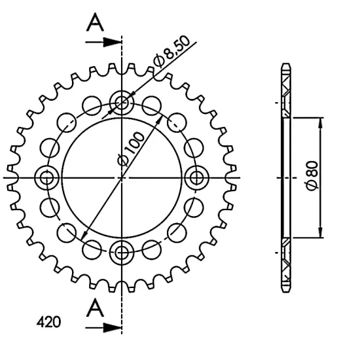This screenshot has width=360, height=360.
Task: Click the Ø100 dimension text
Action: point(131,149)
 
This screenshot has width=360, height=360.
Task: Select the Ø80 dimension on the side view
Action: point(312,176)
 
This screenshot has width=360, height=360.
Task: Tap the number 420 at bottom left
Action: point(48,321)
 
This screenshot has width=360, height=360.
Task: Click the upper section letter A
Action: point(95,22)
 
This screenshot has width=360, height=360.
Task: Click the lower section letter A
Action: point(95,308)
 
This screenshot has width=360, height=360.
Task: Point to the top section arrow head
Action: point(112,43)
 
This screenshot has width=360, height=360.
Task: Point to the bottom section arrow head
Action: point(112,328)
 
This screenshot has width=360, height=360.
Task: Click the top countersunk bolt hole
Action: point(122,103)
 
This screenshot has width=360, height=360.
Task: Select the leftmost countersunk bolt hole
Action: point(47,177)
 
